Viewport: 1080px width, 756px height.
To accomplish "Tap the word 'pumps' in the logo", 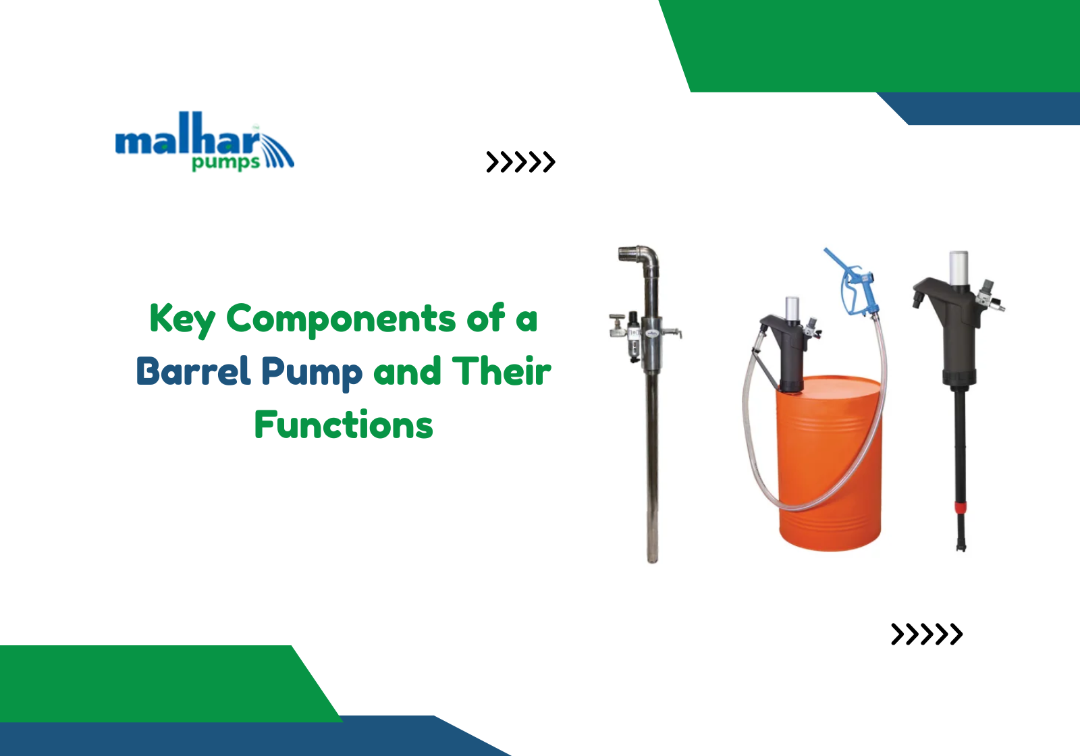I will point(225,163).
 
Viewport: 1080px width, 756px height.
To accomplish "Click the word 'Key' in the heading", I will point(182,319).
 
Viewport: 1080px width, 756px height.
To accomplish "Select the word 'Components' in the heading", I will point(341,319).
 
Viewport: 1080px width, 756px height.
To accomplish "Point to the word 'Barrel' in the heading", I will point(193,372).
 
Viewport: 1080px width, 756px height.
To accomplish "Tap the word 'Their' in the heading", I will point(502,372).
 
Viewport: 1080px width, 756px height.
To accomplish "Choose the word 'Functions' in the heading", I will point(344,425).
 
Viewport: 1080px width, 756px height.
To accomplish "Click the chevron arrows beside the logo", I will point(520,162).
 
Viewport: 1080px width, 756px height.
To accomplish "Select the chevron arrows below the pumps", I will point(926,634).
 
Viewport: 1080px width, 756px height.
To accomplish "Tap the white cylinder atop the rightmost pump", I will point(959,267).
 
